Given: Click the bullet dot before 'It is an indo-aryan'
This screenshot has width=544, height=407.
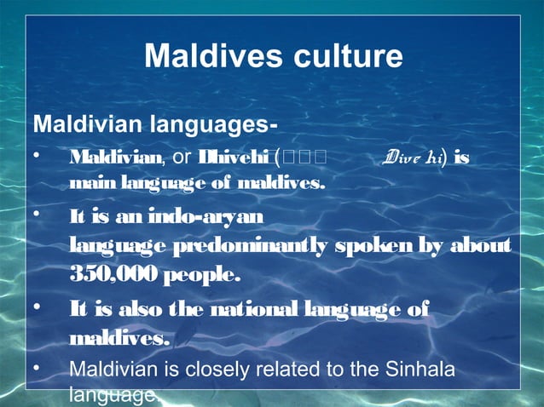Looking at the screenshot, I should coord(36,216).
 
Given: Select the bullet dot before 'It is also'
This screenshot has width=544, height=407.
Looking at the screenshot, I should coord(36,308).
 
